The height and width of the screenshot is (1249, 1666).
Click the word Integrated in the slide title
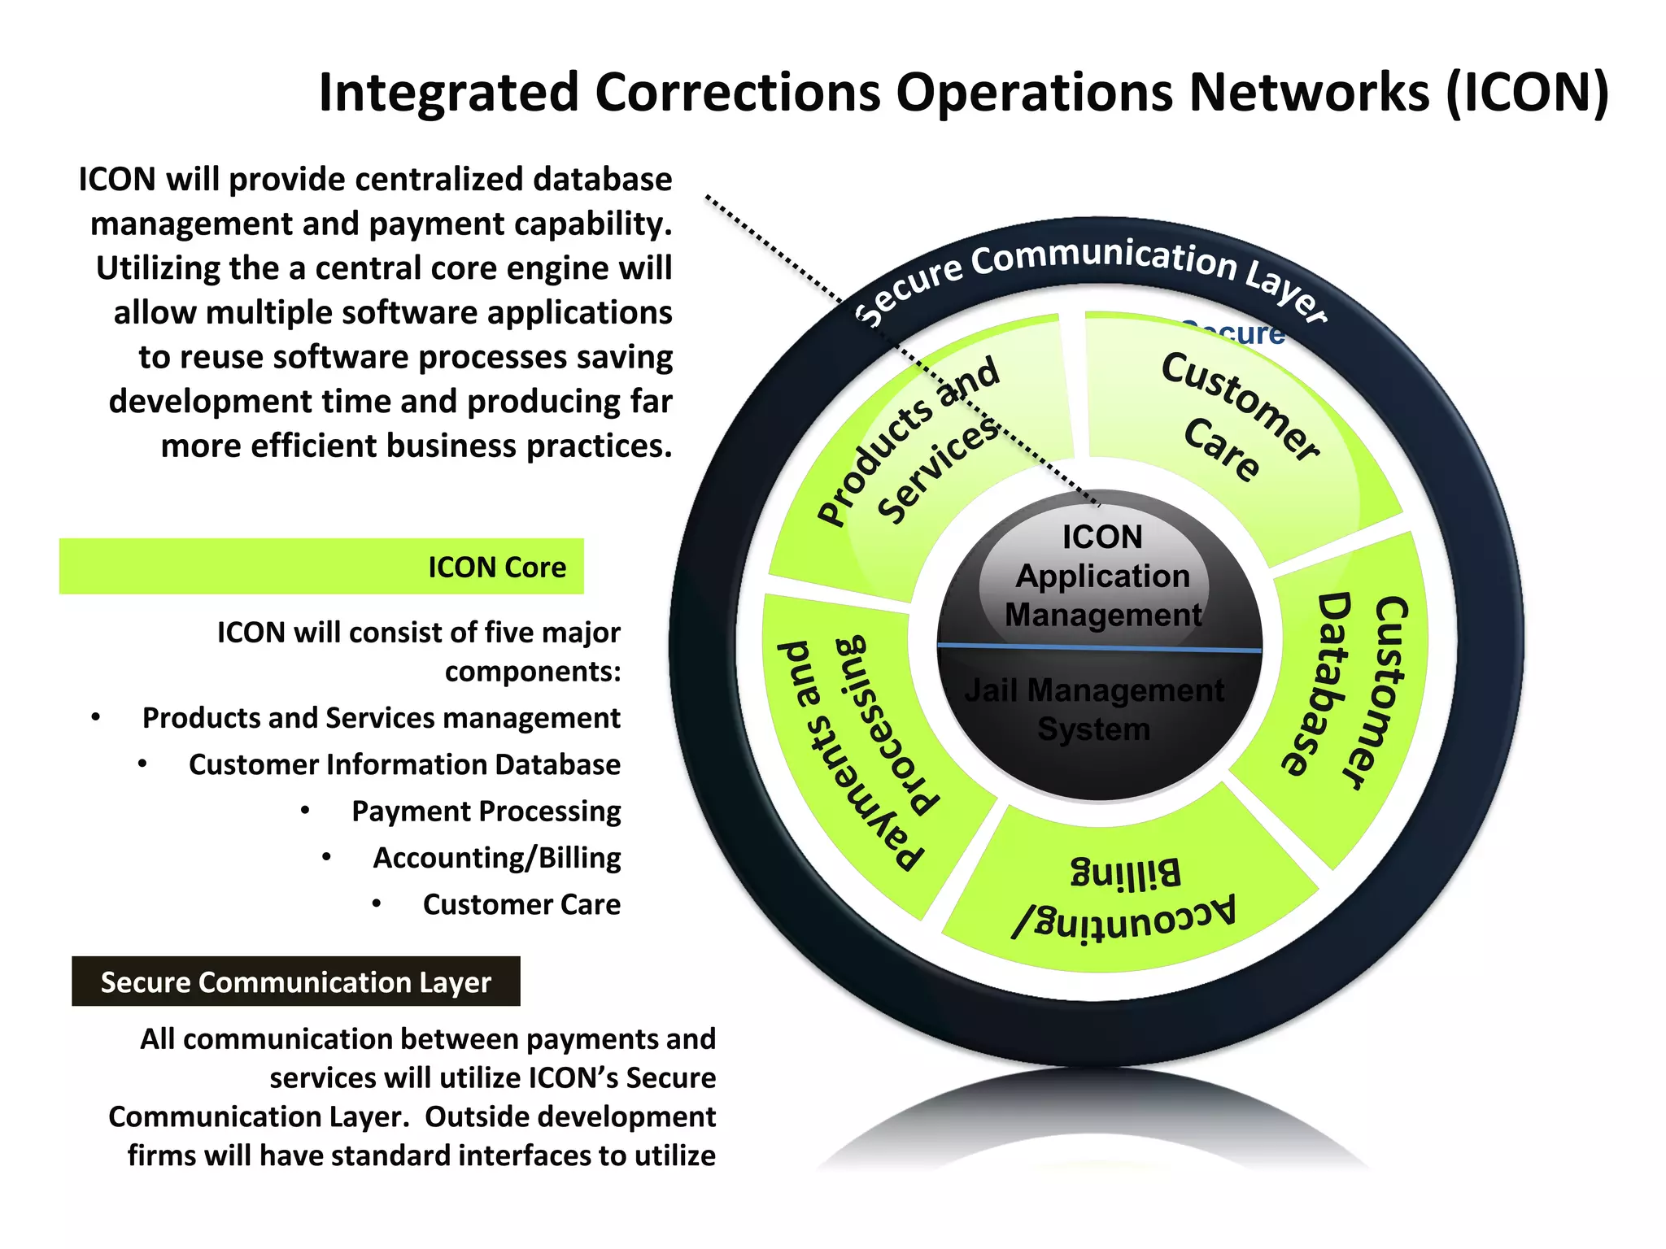(448, 92)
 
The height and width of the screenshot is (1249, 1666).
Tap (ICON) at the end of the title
(1527, 92)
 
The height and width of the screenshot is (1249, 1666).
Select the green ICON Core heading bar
(321, 566)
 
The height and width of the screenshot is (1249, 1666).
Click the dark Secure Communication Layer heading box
(295, 981)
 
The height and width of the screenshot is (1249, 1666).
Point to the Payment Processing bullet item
(486, 811)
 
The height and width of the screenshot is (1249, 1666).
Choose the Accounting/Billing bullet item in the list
(496, 857)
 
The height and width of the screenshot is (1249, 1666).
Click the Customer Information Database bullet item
(404, 764)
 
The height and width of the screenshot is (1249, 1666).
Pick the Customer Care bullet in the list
(521, 904)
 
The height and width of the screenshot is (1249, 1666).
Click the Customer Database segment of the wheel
(1342, 691)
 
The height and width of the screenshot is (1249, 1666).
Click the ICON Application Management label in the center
(1102, 576)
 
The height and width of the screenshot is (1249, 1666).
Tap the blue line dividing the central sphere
(1098, 648)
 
